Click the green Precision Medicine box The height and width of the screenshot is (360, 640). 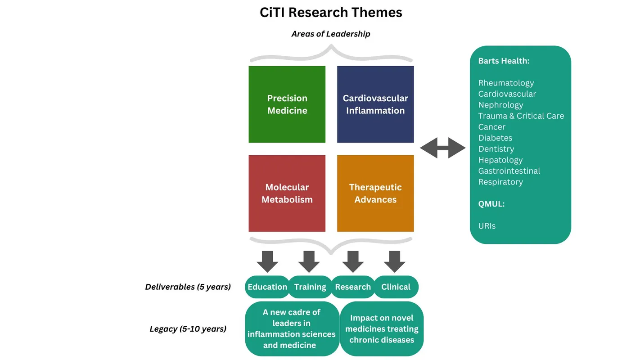click(x=287, y=104)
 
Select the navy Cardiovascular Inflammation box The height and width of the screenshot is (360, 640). click(x=375, y=104)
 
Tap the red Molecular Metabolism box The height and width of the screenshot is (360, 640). click(x=287, y=193)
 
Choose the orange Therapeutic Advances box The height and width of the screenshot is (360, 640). click(x=375, y=193)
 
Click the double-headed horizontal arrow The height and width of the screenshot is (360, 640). click(x=442, y=148)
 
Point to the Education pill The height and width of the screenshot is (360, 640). click(x=267, y=287)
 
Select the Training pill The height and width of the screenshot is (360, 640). click(x=310, y=287)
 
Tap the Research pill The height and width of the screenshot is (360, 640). click(x=353, y=287)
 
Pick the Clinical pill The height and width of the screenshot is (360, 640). click(x=396, y=287)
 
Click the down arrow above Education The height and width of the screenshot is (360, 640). click(x=267, y=261)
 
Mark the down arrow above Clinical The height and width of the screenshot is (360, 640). click(x=395, y=261)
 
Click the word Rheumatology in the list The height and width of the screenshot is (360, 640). click(x=506, y=83)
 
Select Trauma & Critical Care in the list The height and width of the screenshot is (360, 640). click(x=521, y=116)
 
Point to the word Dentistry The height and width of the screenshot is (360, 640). click(x=496, y=149)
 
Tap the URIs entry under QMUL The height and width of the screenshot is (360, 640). click(x=487, y=226)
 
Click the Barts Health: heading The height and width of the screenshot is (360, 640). click(x=504, y=61)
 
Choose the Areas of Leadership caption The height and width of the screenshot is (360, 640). click(x=331, y=34)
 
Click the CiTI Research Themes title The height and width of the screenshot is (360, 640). click(x=331, y=12)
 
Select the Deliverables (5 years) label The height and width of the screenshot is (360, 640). click(x=188, y=287)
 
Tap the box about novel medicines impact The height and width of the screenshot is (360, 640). click(x=382, y=329)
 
